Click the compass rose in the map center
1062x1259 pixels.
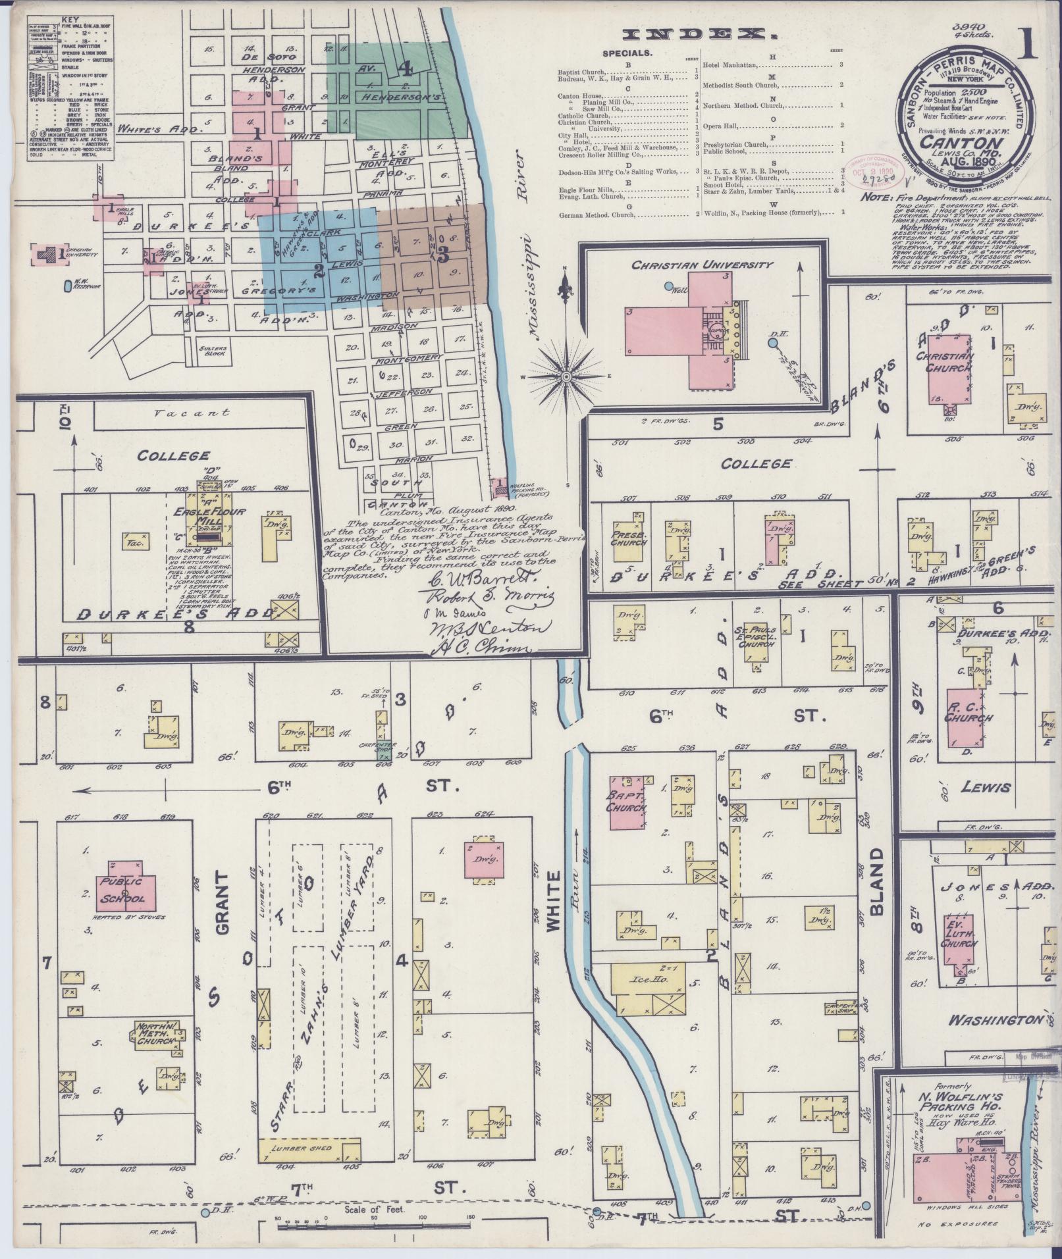click(x=565, y=376)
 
